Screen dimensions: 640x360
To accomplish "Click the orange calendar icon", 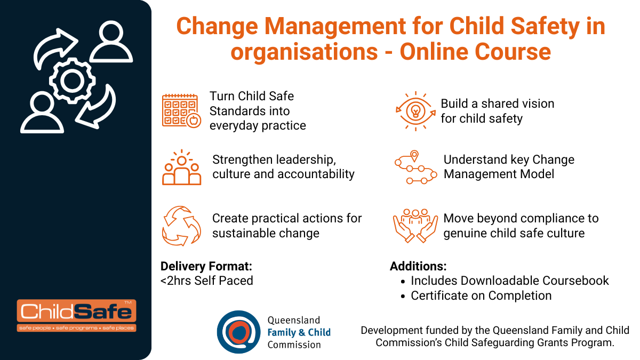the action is tap(181, 111).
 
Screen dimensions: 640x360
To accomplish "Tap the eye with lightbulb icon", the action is tap(415, 111).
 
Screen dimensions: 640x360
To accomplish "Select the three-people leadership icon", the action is tap(182, 167).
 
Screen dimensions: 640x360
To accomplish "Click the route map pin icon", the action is tap(415, 167).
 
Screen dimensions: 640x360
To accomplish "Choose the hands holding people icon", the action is tap(415, 226).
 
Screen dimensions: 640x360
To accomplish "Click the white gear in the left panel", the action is tap(72, 81).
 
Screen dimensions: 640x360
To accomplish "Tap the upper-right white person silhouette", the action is tap(111, 42).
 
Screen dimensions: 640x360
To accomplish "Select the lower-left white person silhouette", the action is tap(42, 113).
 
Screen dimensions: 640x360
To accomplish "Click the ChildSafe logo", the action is tap(77, 315).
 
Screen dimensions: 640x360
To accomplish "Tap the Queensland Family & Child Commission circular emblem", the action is tap(238, 332).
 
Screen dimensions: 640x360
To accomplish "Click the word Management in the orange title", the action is tap(335, 26).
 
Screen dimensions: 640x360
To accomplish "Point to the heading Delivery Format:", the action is tap(206, 266).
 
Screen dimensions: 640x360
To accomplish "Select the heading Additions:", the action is tap(418, 266).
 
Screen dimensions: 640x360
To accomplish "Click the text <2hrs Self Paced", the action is tap(207, 281).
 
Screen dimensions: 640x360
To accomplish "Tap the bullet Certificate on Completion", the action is tap(481, 295).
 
